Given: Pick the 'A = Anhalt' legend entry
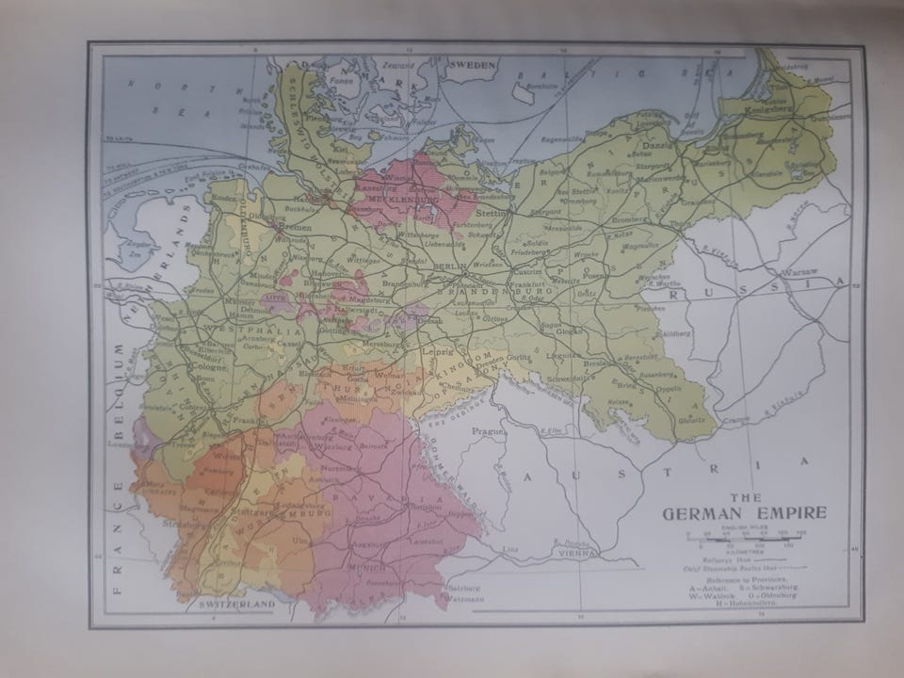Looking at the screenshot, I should (711, 587).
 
